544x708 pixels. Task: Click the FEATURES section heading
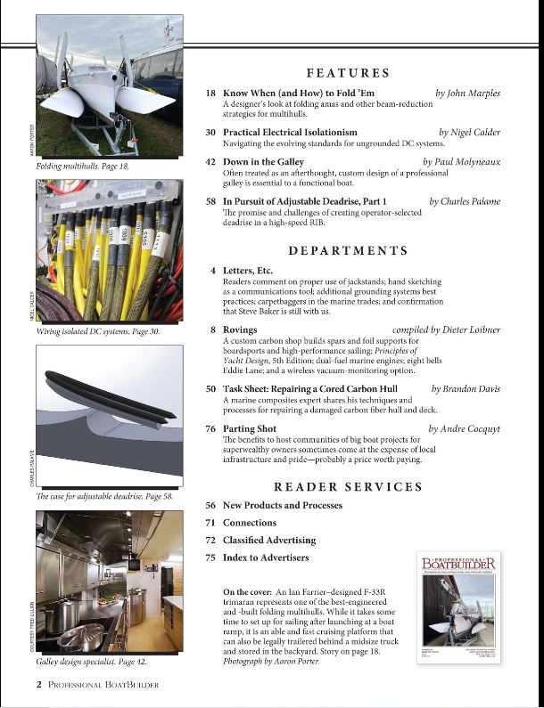(348, 73)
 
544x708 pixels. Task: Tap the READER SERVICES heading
(348, 487)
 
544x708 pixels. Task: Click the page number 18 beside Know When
(211, 93)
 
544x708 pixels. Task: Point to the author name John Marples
(467, 93)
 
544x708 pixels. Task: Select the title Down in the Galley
(263, 162)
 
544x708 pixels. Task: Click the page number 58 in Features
(211, 201)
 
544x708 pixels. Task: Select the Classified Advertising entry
(268, 540)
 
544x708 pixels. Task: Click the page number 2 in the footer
(39, 684)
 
